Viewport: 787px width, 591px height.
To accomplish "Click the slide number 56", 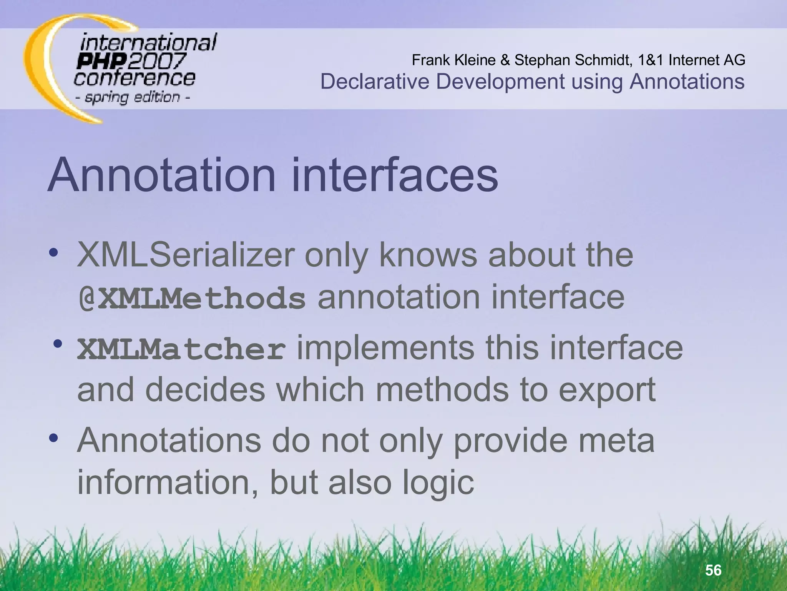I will click(713, 570).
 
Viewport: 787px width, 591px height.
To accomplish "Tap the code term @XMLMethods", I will click(192, 298).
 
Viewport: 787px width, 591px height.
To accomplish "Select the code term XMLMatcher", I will click(181, 349).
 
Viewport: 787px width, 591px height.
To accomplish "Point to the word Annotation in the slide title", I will click(162, 175).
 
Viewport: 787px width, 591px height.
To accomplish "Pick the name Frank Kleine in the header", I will click(453, 60).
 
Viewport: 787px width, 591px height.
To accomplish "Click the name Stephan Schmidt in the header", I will click(573, 60).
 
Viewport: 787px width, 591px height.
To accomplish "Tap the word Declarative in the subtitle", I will click(375, 82).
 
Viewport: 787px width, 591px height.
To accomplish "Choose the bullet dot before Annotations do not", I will click(53, 438).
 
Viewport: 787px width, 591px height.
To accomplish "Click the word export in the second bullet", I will click(607, 390).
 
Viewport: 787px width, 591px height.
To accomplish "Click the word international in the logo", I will click(148, 42).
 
